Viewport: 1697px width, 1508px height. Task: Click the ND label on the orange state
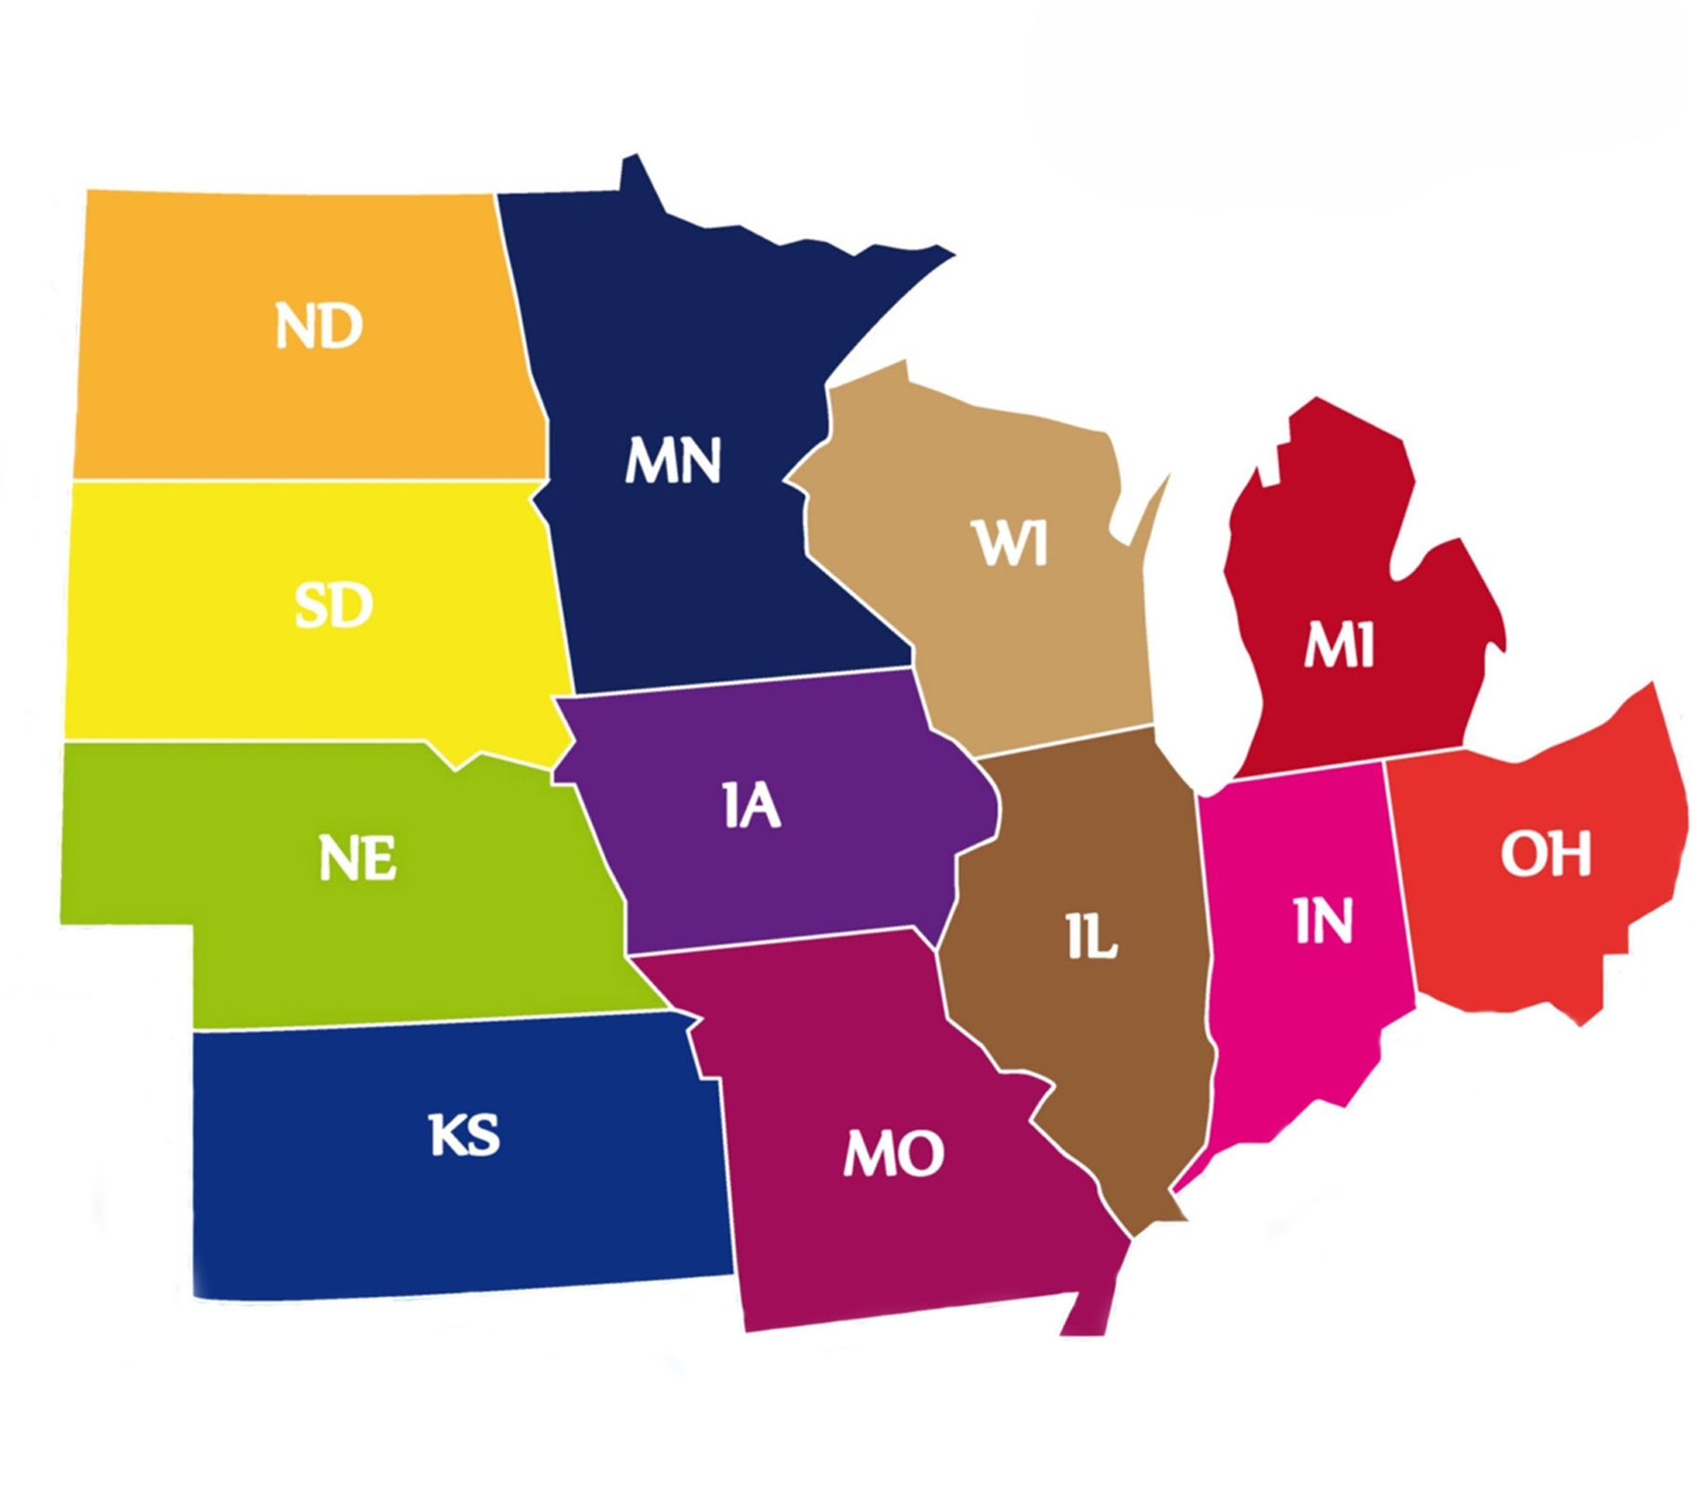click(x=319, y=326)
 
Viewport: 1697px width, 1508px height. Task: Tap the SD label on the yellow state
click(x=334, y=605)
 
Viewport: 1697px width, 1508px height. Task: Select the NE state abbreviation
click(x=357, y=858)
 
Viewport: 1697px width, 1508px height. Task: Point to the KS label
click(x=464, y=1135)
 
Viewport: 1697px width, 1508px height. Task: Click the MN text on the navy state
click(x=673, y=460)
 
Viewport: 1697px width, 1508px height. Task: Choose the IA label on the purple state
click(x=751, y=807)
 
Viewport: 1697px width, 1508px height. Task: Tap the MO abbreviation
click(x=893, y=1153)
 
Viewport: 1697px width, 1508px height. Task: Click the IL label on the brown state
click(x=1092, y=938)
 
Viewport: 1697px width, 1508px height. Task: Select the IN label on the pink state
click(x=1324, y=921)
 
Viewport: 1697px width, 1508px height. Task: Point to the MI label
click(x=1339, y=647)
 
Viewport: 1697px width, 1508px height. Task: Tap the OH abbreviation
click(x=1545, y=854)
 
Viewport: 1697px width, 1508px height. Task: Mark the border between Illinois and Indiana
click(x=1206, y=942)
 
